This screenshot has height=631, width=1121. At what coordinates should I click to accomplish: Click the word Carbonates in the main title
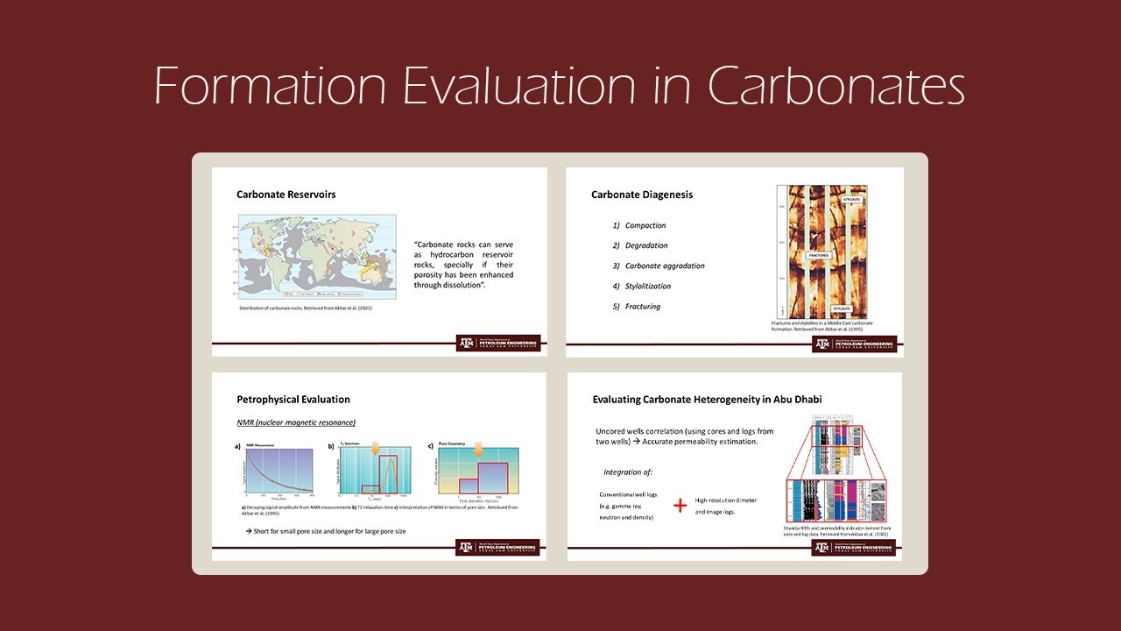pos(836,86)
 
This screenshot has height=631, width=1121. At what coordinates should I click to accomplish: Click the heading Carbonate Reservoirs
pos(286,195)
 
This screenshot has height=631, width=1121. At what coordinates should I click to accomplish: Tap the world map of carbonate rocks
pos(317,258)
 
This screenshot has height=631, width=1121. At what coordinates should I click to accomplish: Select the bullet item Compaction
pos(645,226)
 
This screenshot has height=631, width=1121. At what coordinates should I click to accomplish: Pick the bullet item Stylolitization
pos(648,287)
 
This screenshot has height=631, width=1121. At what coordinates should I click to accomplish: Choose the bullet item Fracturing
pos(643,307)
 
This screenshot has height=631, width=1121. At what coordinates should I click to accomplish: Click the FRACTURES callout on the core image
pos(813,255)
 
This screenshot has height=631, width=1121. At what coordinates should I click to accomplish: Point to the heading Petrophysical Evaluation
pos(293,400)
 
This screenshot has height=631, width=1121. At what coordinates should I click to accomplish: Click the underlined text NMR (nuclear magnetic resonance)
pos(296,423)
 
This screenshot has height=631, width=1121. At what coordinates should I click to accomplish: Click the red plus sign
pos(680,506)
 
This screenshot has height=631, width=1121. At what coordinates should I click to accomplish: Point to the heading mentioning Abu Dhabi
pos(707,400)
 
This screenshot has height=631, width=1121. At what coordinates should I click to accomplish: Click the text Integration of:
pos(628,472)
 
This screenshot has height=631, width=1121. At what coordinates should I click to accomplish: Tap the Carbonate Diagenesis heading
pos(642,195)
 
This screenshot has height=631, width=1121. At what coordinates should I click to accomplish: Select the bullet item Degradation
pos(646,246)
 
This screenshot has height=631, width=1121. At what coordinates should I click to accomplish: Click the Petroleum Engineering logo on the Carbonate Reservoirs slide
pos(497,343)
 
